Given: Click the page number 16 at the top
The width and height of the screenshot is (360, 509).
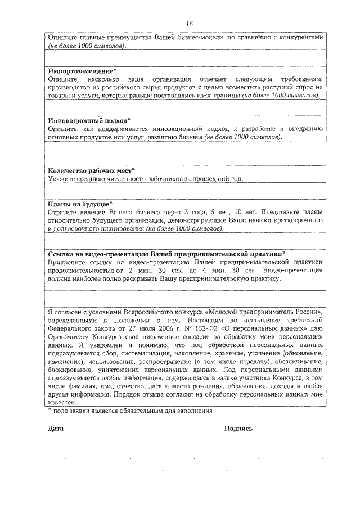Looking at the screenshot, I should coord(189,24).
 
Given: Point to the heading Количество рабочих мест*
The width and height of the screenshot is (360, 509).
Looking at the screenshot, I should coord(91,170).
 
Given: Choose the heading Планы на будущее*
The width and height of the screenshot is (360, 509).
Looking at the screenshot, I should coord(80,204).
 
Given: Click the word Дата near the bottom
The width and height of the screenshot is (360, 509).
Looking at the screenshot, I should coord(56,429).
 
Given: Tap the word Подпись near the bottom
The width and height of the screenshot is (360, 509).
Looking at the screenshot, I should coord(238,429).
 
